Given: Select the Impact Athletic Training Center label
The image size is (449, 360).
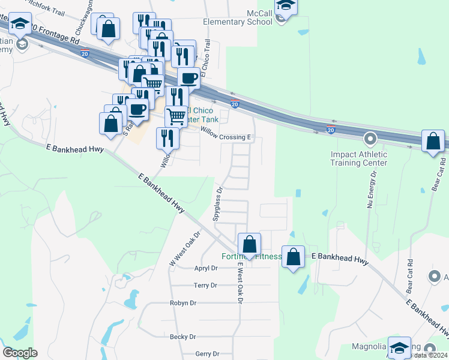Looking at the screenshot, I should tap(359, 158).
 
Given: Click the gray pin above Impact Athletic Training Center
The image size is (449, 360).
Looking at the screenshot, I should tap(370, 139).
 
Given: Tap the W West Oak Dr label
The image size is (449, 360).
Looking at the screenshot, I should tap(184, 249).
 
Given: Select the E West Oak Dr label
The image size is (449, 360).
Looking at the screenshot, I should tap(239, 282).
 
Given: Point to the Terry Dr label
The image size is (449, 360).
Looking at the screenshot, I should tap(205, 286).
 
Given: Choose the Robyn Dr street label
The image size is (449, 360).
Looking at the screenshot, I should tap(183, 303).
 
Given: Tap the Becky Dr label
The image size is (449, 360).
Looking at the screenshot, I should tap(182, 337).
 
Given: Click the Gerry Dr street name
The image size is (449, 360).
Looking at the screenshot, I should tap(208, 354).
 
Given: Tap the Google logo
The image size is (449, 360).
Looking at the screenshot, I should tap(20, 352).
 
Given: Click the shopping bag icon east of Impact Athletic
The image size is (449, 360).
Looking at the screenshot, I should tap(433, 142).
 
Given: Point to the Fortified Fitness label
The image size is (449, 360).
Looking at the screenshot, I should tap(252, 257).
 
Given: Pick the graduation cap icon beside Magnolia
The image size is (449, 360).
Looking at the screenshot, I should tap(400, 347).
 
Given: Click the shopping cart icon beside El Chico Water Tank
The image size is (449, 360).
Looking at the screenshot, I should tap(175, 115).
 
